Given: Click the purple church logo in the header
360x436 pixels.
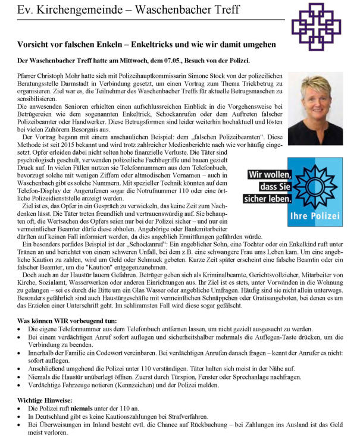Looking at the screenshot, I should [x=325, y=26].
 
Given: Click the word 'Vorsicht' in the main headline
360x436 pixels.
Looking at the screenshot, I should [x=36, y=44].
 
